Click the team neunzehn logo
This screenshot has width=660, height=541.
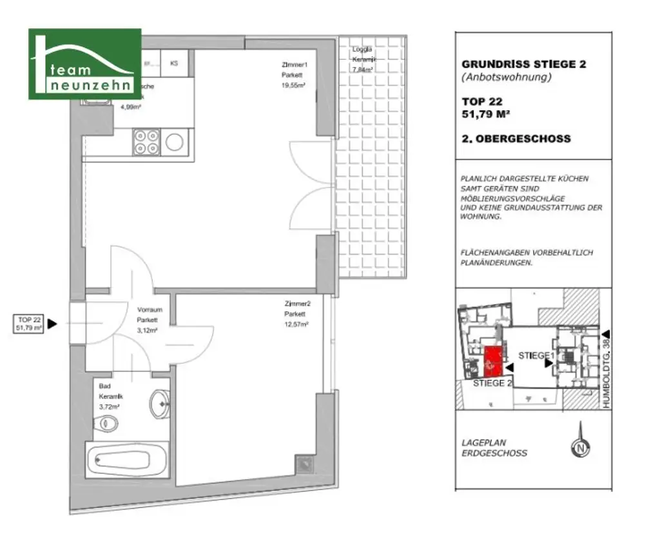pos(84,64)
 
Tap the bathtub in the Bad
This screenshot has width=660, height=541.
pos(126,460)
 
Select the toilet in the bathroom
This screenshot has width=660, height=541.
pos(108,424)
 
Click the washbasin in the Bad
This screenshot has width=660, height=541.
pos(159,404)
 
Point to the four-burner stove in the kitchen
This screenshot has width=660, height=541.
pos(146,142)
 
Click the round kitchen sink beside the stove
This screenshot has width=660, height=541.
pos(175,142)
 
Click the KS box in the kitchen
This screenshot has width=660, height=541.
pos(174,63)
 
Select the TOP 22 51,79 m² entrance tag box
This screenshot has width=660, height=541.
pos(30,324)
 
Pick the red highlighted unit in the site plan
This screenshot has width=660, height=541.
pos(493,362)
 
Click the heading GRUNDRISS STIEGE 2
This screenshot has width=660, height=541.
pos(523,64)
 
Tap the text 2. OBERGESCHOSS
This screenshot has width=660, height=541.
pos(516,139)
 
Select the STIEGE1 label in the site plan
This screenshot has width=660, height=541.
pos(536,356)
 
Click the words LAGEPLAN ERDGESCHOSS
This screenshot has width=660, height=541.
pos(494,448)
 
